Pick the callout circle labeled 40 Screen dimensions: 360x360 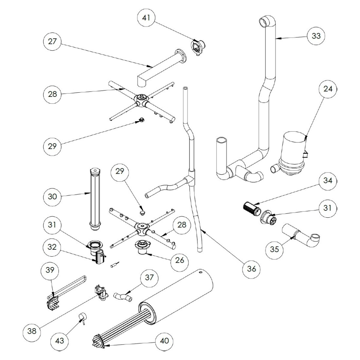point(165,341)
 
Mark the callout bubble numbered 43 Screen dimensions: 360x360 point(60,341)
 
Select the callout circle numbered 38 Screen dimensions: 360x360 point(32,331)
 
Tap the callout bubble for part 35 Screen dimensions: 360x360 point(275,249)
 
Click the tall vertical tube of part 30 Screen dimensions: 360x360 point(95,196)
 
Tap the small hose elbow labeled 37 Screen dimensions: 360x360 point(123,297)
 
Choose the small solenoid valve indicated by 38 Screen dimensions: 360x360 point(100,291)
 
